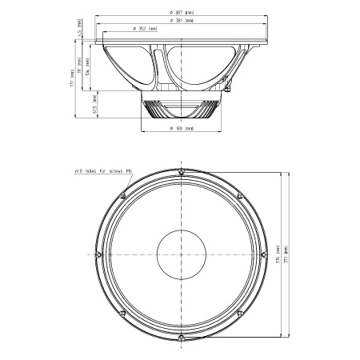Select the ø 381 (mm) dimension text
point(182,21)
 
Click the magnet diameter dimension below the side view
point(182,128)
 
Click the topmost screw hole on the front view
point(182,171)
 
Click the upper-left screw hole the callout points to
point(124,195)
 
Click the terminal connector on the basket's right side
point(228,79)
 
